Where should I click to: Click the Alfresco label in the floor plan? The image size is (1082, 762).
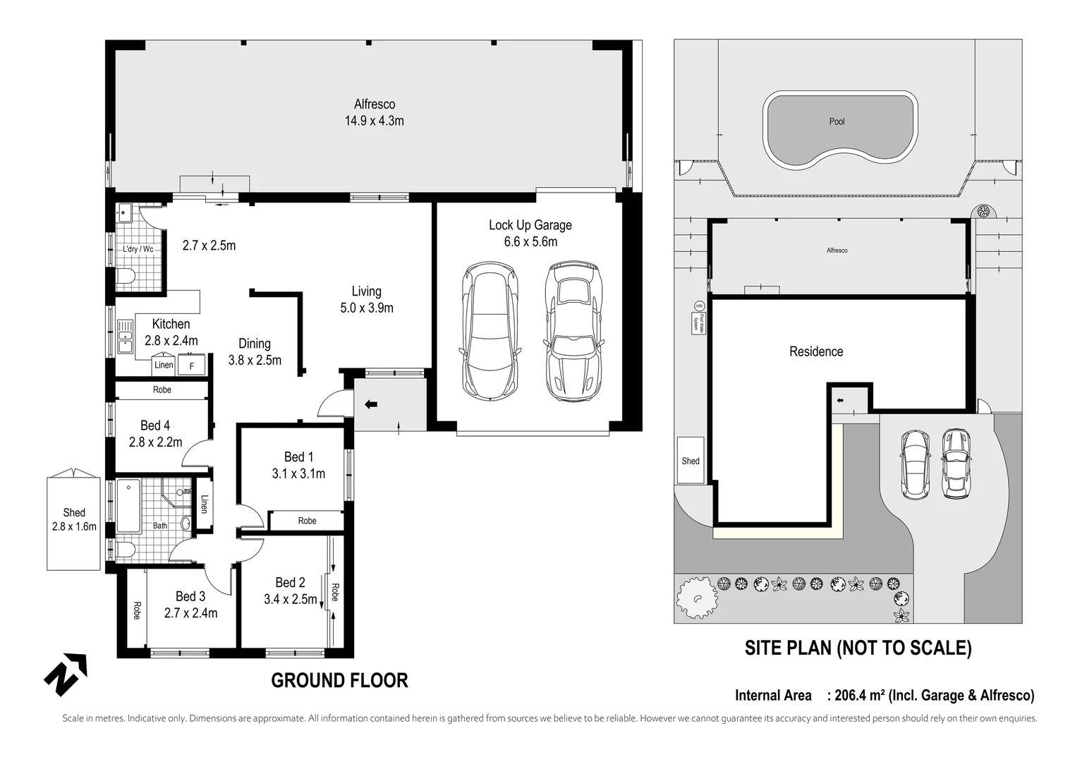click(x=374, y=104)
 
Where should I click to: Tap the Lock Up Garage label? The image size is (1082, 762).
click(x=530, y=225)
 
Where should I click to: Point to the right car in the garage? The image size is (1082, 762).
click(x=573, y=332)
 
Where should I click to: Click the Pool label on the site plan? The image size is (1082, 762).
click(x=837, y=121)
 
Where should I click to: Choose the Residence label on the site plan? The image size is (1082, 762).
click(x=816, y=351)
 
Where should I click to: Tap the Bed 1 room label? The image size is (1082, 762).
click(x=298, y=457)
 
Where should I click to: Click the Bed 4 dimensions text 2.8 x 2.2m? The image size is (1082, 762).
click(x=155, y=442)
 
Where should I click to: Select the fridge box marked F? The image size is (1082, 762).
click(x=191, y=365)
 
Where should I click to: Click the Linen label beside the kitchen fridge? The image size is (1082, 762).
click(x=164, y=365)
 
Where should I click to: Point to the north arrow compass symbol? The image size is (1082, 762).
click(x=66, y=674)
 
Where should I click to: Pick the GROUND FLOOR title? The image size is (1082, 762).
click(x=339, y=680)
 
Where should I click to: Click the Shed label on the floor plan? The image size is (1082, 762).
click(x=73, y=513)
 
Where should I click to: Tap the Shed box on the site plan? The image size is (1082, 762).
click(x=691, y=461)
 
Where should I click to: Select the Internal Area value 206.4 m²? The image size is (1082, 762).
click(x=859, y=696)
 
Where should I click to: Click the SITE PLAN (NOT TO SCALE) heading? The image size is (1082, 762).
click(x=858, y=648)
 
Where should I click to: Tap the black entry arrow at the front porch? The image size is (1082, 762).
click(x=370, y=404)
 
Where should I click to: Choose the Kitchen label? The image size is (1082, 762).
click(x=171, y=324)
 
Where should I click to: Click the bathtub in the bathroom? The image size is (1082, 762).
click(x=128, y=506)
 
